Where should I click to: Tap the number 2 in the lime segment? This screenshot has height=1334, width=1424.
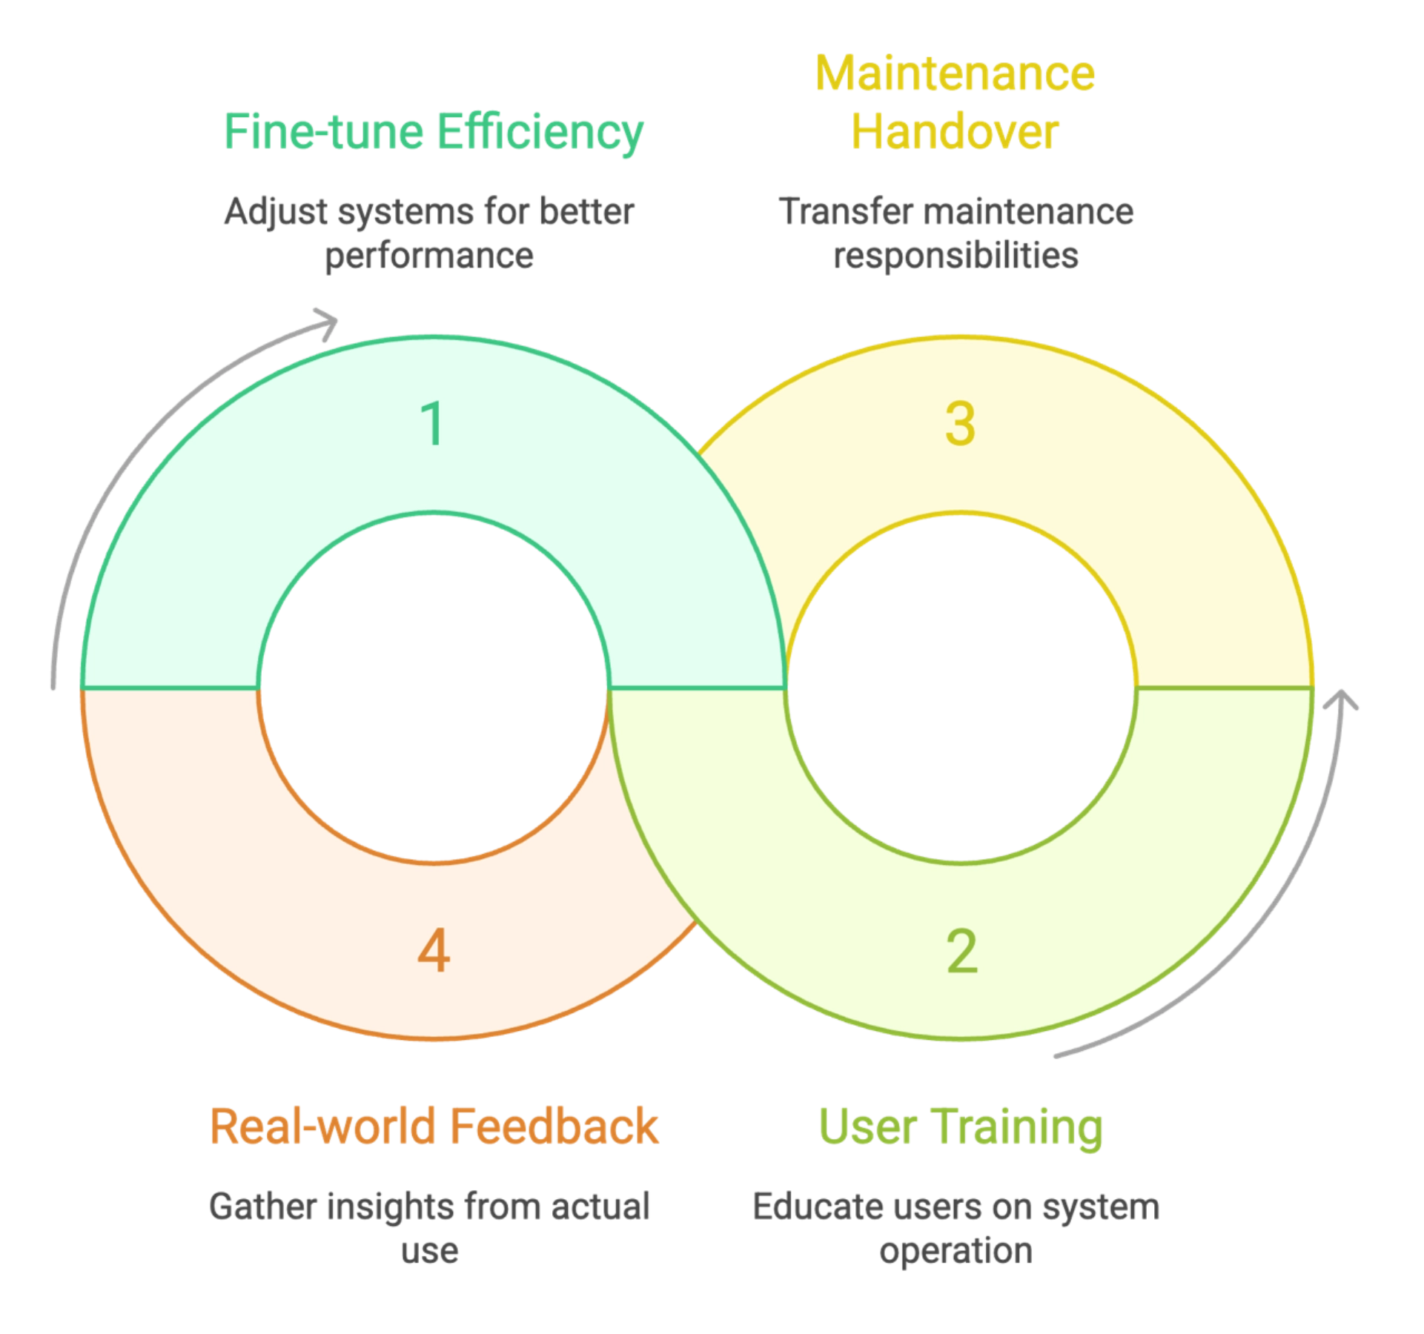[961, 952]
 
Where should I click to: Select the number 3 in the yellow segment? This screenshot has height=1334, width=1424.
[960, 424]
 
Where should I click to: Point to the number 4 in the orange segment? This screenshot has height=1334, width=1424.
[434, 952]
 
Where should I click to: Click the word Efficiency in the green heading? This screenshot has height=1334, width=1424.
[539, 133]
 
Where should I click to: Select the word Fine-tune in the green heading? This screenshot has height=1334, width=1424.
[323, 133]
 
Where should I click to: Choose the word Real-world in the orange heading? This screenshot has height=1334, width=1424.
[323, 1125]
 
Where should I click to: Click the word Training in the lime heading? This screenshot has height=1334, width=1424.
[1017, 1125]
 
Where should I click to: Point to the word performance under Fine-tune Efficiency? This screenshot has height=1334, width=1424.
[428, 257]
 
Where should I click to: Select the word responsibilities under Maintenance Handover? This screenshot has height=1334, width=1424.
[955, 256]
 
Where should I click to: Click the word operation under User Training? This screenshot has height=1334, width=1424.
[957, 1253]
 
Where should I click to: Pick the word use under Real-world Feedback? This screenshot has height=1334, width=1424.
[431, 1253]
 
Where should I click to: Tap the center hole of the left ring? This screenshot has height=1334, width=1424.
[434, 688]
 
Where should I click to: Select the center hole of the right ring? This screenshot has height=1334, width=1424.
[961, 688]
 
